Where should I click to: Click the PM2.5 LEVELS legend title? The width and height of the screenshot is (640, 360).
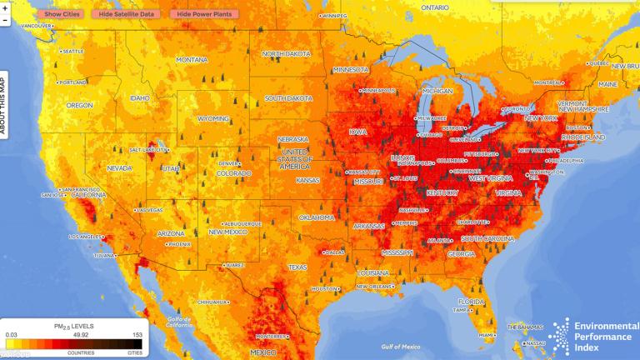coord(75,326)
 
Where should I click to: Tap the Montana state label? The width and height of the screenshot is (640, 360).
coord(192,60)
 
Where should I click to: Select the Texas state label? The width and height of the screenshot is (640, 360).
coord(297,267)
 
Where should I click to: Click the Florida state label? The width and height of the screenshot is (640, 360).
coord(472,301)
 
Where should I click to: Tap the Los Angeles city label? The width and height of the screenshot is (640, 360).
coord(83,237)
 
